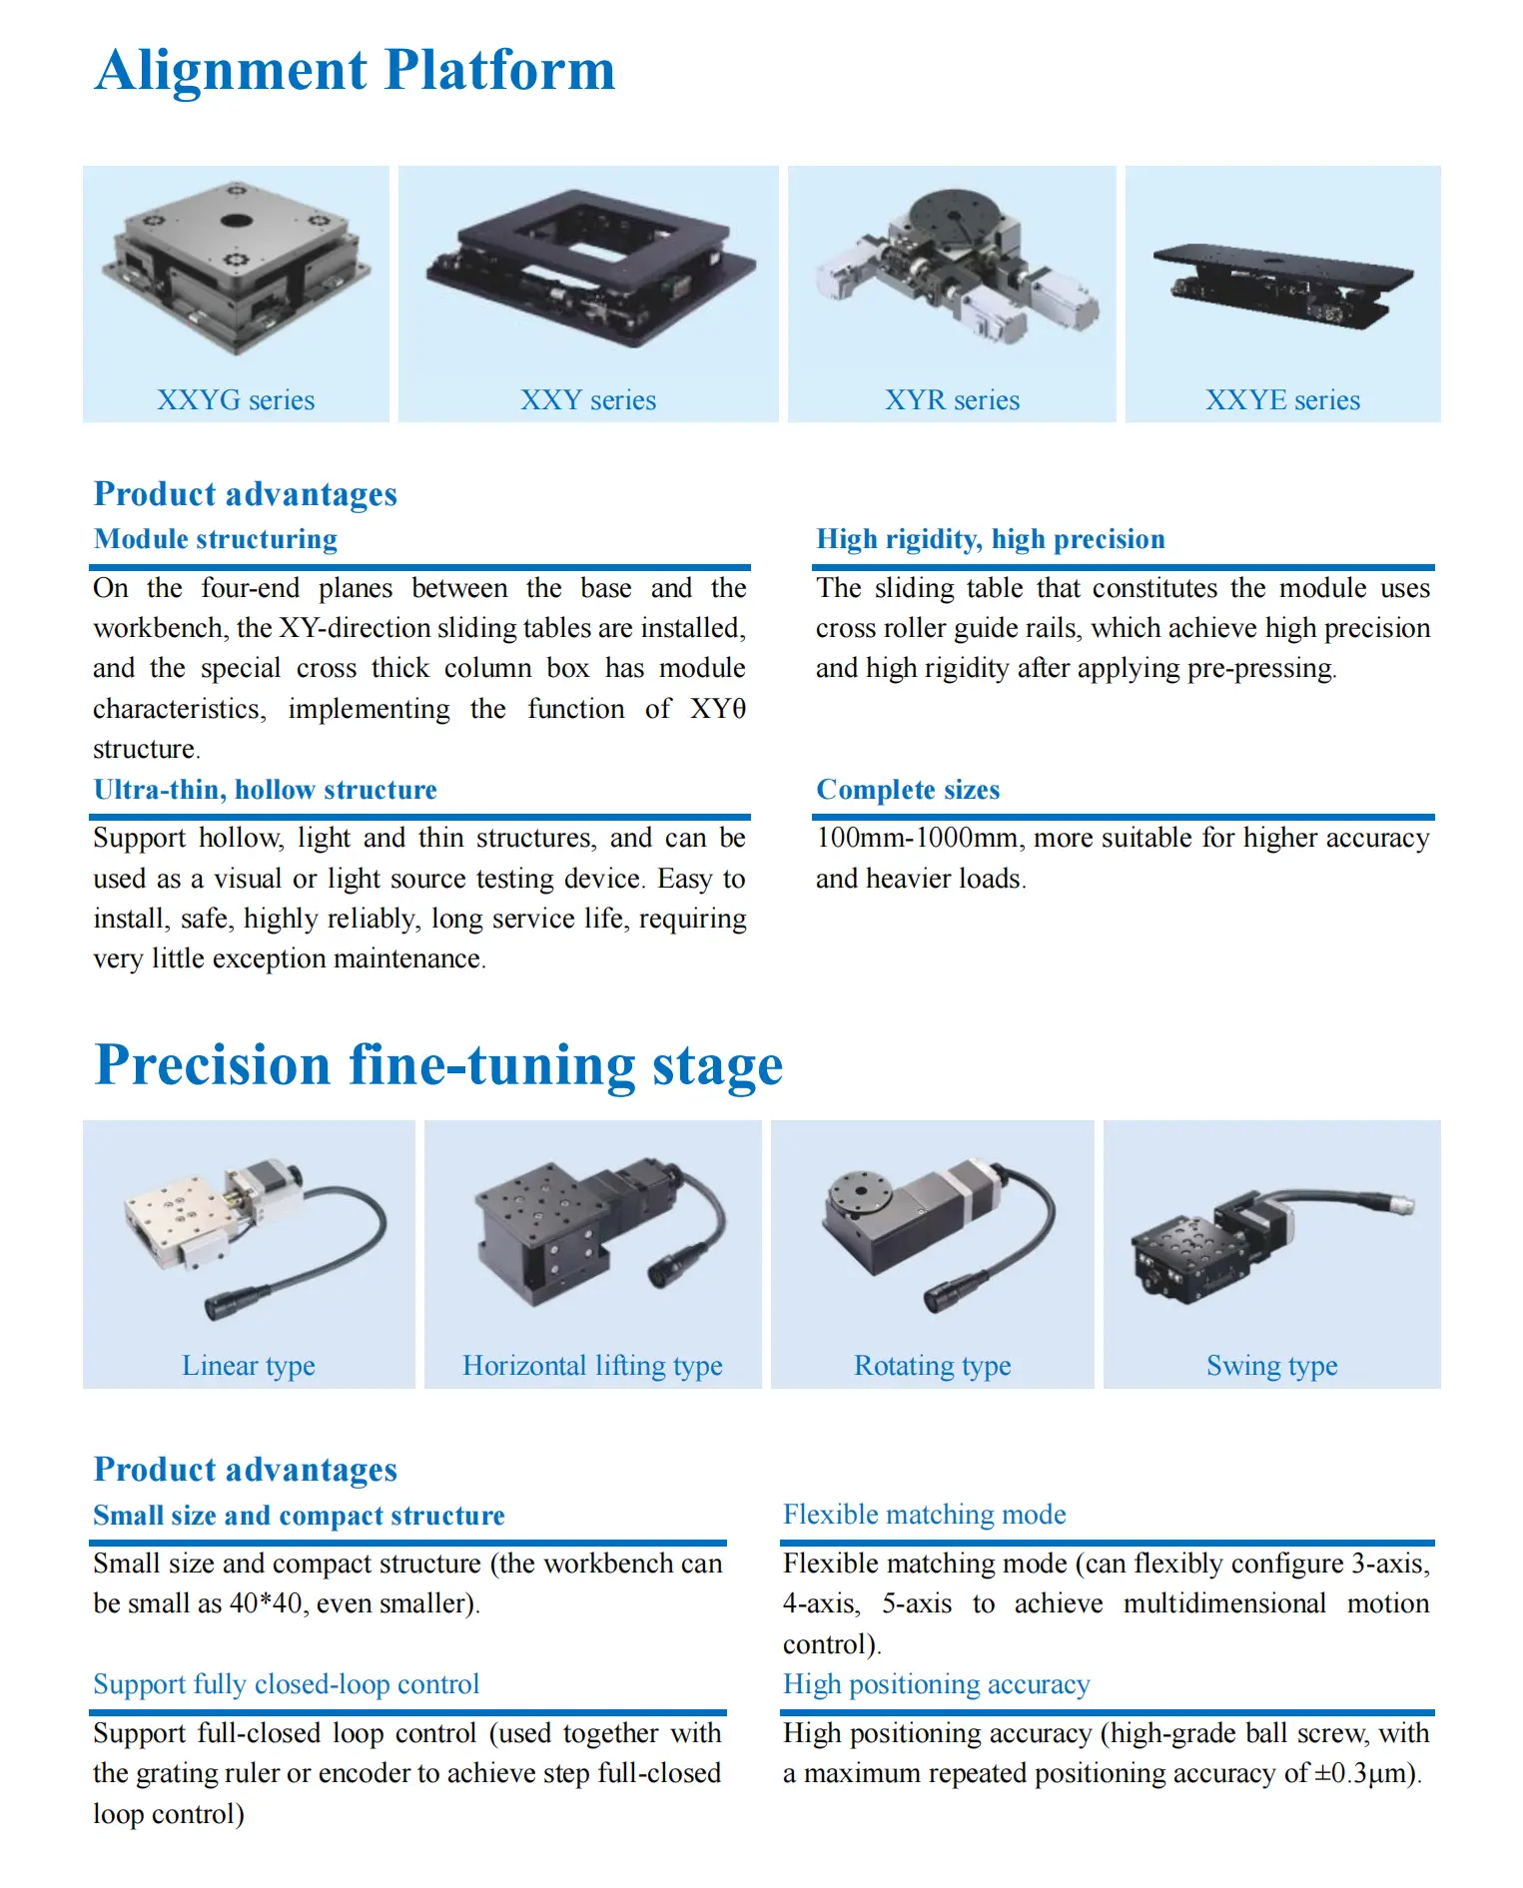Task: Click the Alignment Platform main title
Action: (x=355, y=71)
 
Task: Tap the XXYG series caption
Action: (x=236, y=400)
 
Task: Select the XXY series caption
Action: (x=588, y=400)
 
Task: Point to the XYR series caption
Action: (x=952, y=400)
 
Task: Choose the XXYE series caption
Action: (x=1282, y=400)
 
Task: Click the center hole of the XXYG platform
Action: (x=236, y=221)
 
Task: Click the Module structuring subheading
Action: (x=216, y=539)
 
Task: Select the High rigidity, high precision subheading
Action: (x=990, y=539)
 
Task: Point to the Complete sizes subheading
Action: (x=908, y=790)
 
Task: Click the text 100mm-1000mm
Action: (x=919, y=838)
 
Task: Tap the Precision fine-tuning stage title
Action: (x=438, y=1065)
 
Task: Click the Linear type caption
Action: (x=249, y=1366)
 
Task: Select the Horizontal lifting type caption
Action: (x=592, y=1366)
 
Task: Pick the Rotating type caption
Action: (x=932, y=1366)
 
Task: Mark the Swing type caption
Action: (x=1271, y=1366)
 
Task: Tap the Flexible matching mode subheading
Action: (x=924, y=1515)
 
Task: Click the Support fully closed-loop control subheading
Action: (x=287, y=1684)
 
